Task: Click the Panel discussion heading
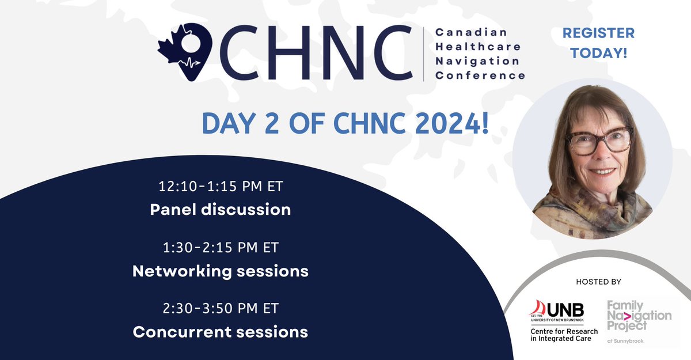click(x=220, y=209)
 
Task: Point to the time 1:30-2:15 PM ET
click(x=220, y=249)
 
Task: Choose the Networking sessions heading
click(x=220, y=270)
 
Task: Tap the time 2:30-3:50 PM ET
click(x=220, y=309)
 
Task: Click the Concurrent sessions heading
click(x=220, y=332)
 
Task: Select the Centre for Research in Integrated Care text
click(x=564, y=335)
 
